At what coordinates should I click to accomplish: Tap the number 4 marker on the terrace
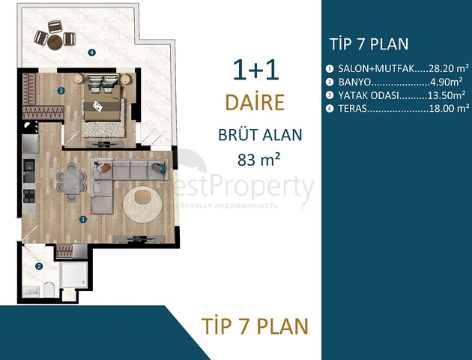point(91,52)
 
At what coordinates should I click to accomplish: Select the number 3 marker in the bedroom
point(61,91)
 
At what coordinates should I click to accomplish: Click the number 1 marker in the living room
point(83,219)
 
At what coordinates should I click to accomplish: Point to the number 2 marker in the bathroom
point(40,265)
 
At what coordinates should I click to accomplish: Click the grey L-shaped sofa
point(120,180)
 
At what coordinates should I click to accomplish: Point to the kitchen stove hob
point(29,196)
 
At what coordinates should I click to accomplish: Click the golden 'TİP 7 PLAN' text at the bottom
point(255,327)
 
